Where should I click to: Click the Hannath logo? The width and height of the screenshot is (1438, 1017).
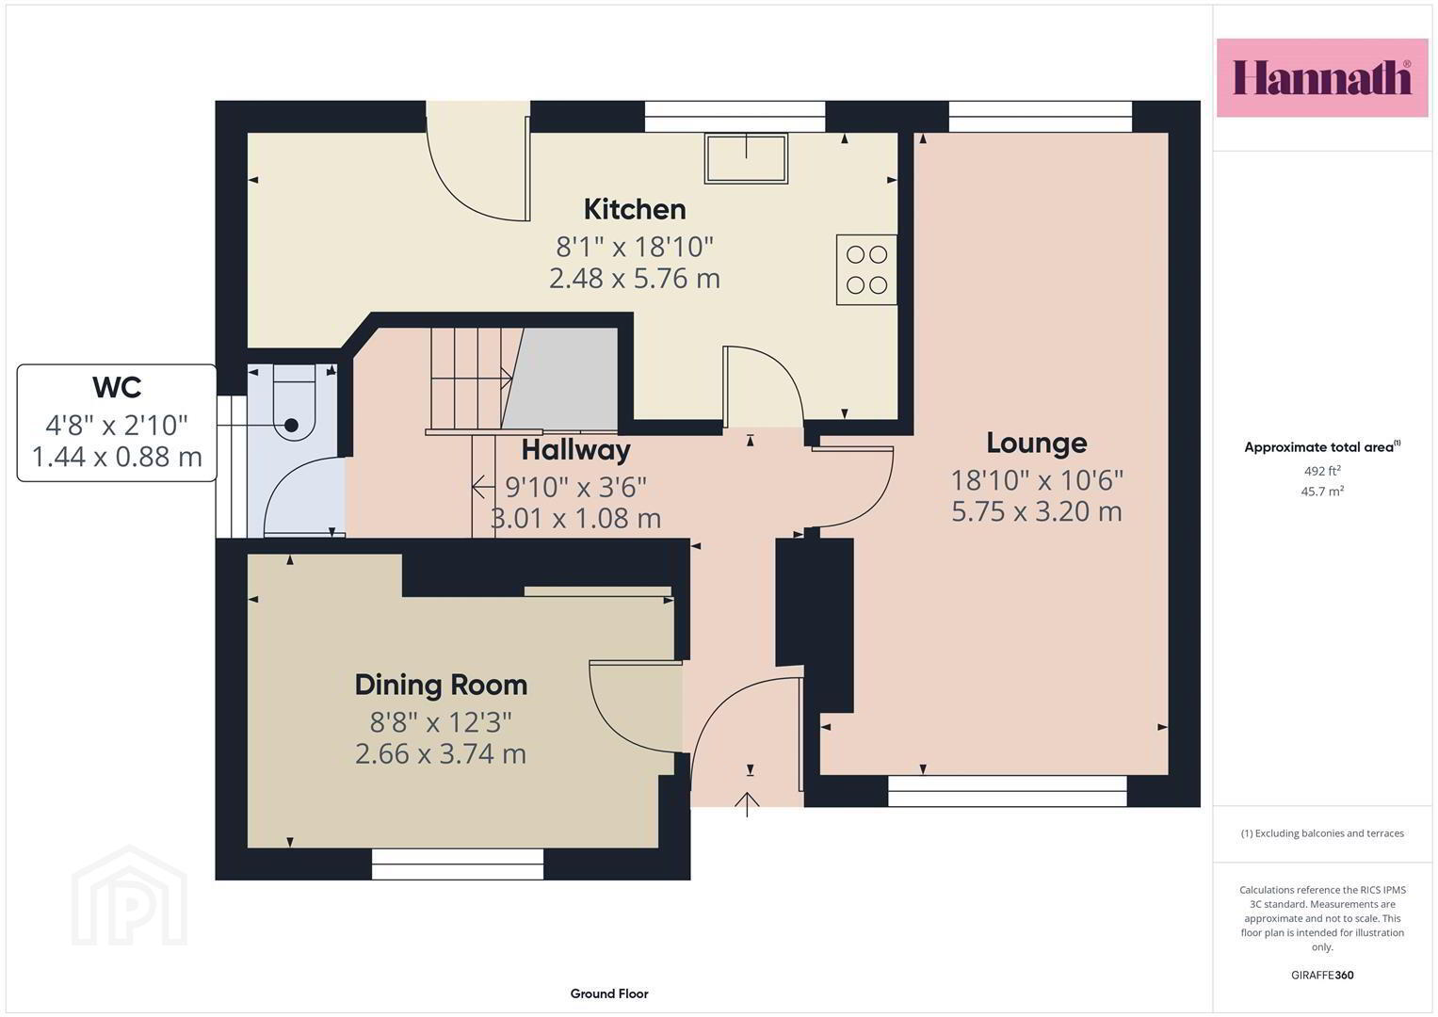(x=1322, y=78)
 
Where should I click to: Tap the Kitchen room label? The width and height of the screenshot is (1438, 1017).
(x=635, y=209)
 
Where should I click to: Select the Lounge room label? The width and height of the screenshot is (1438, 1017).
(x=1036, y=443)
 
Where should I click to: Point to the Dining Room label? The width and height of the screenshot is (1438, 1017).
(x=441, y=686)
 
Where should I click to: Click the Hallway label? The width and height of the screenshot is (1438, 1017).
(x=575, y=450)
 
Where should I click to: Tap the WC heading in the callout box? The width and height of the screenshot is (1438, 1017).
(x=117, y=387)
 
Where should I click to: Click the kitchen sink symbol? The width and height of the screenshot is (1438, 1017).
(x=746, y=158)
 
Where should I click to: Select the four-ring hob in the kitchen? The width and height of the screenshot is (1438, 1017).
(x=866, y=269)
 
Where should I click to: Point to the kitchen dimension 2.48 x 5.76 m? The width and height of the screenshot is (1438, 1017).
(x=635, y=279)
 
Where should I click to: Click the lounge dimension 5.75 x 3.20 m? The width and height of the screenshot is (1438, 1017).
(x=1036, y=511)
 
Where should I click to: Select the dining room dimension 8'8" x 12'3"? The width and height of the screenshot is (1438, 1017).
(x=441, y=723)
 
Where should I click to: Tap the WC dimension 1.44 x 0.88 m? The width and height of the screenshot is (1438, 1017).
(x=117, y=457)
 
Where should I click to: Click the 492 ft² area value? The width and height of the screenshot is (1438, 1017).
(x=1322, y=471)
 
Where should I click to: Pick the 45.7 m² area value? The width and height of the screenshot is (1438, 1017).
(x=1322, y=492)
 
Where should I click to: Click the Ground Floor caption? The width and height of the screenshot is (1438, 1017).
(x=609, y=993)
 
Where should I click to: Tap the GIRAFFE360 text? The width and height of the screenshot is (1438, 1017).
(x=1322, y=976)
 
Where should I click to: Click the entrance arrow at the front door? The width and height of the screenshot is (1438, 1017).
(x=747, y=804)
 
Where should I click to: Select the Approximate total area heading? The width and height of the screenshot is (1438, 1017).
(x=1322, y=447)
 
